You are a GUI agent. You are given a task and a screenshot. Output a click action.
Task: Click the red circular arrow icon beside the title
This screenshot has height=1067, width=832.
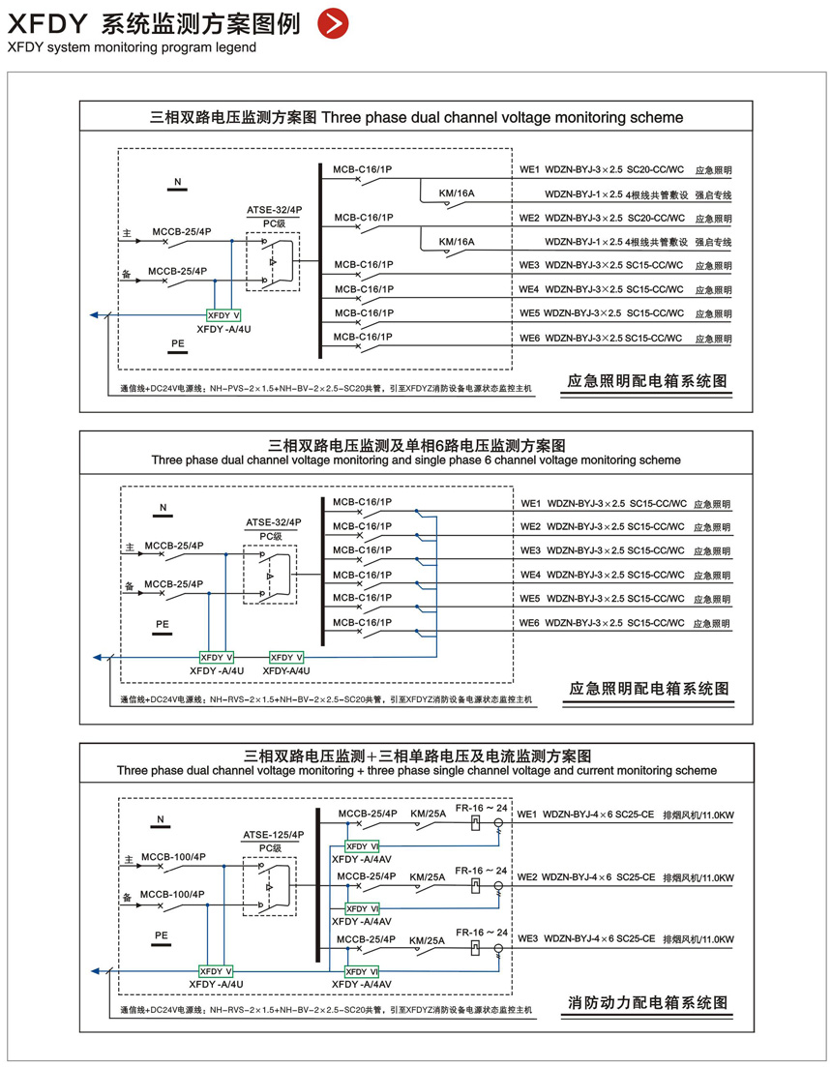coord(333,24)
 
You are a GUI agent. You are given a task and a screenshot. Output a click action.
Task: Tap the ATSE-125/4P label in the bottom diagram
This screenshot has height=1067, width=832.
coord(274,834)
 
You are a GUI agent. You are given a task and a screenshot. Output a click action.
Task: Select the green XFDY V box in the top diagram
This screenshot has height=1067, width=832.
coord(223,315)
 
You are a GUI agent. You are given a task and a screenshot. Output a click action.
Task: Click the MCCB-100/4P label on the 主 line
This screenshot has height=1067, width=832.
coord(173,857)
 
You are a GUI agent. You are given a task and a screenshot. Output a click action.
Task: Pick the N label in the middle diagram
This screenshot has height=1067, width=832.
coord(163,507)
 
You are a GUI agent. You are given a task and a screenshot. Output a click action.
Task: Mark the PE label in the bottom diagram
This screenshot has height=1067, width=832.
coord(162,935)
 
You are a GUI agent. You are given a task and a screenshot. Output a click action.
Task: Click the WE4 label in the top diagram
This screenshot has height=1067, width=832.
coord(528,289)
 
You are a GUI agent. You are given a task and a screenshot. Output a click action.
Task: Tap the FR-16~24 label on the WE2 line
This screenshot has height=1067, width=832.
coord(482,871)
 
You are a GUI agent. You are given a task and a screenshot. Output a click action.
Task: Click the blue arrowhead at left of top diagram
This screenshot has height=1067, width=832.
coord(94,314)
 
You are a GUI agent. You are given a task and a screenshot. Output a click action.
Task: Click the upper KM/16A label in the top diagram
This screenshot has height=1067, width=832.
coord(457,193)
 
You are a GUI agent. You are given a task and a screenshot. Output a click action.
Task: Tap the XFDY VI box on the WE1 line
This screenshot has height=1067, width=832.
coord(363,845)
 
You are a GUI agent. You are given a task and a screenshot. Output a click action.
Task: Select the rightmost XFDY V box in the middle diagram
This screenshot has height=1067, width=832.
coord(286,657)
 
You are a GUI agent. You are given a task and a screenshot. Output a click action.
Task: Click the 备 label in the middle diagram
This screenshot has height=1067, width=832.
coord(130,586)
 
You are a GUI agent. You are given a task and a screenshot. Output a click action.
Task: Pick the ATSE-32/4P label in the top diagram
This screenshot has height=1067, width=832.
coord(275,208)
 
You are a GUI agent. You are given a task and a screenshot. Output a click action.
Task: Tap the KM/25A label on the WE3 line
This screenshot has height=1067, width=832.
coord(428,940)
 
